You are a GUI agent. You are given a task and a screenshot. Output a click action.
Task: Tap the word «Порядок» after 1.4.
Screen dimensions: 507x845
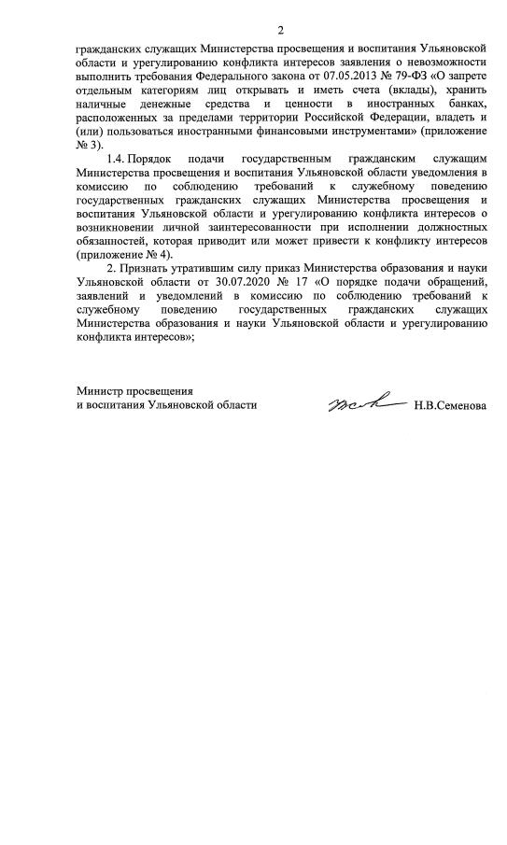pos(153,159)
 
